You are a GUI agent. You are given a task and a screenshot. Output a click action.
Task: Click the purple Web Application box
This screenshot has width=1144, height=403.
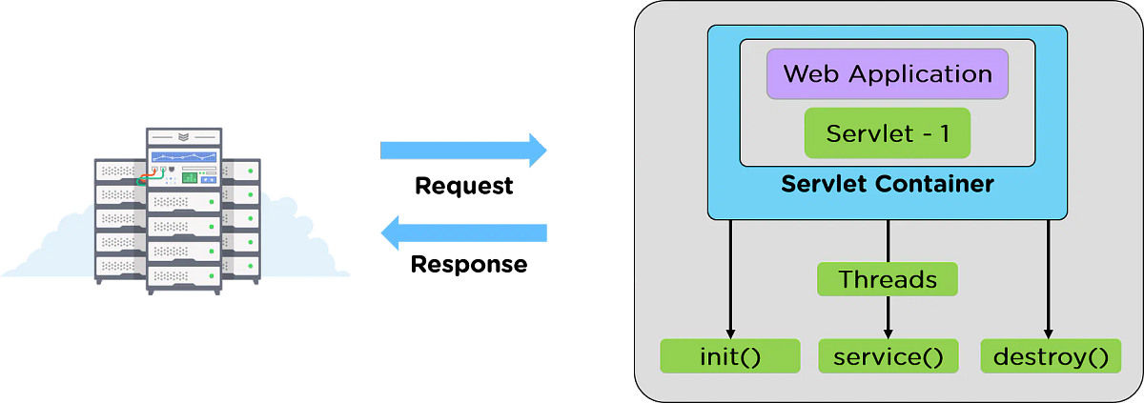coord(887,74)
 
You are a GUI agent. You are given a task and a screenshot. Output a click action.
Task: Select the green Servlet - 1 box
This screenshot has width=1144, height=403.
coord(887,133)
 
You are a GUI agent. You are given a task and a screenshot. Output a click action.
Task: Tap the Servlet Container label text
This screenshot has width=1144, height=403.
coord(887,184)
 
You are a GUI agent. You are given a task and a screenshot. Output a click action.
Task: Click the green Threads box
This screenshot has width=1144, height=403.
coord(887,279)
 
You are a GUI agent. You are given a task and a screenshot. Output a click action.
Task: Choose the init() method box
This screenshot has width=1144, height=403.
coord(729,357)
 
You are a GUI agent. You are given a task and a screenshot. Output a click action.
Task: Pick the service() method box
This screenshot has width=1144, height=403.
coord(888,357)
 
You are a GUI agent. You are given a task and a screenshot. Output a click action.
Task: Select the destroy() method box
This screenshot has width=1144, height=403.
coord(1051,357)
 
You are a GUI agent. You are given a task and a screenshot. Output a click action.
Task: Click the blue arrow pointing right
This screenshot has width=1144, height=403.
coord(464,150)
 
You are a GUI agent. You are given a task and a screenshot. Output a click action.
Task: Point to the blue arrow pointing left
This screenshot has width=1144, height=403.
coord(464,232)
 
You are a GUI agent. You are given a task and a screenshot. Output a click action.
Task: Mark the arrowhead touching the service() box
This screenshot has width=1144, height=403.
coord(888,333)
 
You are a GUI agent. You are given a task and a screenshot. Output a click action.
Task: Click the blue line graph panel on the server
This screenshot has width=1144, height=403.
coord(183,157)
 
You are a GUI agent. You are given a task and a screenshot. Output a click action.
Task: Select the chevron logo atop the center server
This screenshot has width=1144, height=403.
coord(183,136)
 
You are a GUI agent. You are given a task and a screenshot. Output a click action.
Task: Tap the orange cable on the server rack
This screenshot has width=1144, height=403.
coord(150,175)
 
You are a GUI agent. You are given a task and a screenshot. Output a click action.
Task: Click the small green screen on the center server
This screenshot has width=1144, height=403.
coord(190,178)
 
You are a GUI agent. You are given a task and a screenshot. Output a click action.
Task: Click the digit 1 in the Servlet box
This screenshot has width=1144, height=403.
coord(943,134)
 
